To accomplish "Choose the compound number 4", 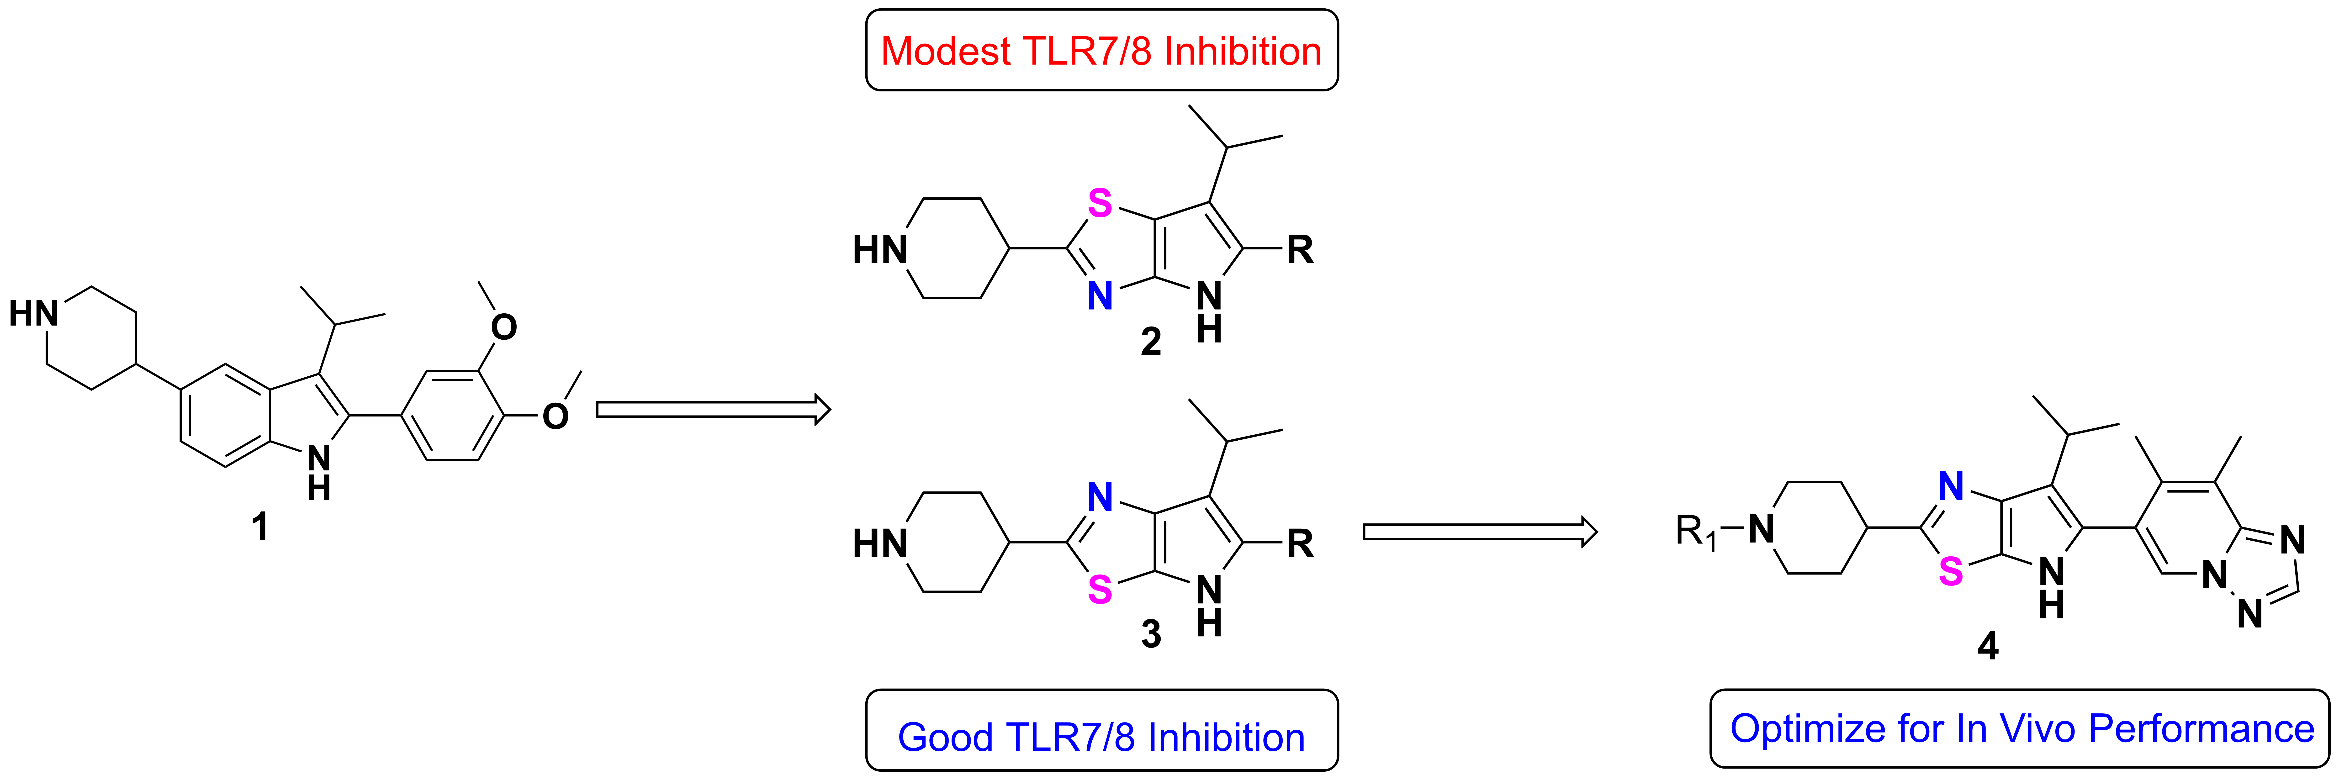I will click(1988, 646).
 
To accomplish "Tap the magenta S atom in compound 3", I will click(1100, 590).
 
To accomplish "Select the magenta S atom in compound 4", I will click(1950, 571).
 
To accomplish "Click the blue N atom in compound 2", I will click(1100, 296).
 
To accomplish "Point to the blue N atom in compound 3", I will click(1100, 497).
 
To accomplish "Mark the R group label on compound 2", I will click(1300, 250).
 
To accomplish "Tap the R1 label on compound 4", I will click(1695, 531).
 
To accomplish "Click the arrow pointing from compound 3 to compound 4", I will click(1480, 532).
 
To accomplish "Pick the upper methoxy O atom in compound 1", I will click(504, 327).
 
